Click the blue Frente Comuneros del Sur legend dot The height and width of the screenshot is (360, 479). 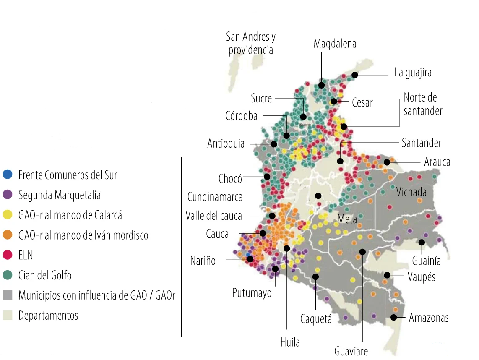[8, 174]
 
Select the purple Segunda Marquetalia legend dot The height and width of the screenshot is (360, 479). [8, 194]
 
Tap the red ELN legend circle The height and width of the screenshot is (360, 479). [8, 255]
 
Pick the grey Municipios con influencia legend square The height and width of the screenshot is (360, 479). [8, 295]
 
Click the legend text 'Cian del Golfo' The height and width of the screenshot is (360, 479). [45, 275]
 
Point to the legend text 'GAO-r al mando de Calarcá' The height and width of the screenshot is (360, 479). [70, 215]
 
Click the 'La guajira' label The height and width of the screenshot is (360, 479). [413, 73]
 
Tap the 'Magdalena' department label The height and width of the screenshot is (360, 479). [335, 44]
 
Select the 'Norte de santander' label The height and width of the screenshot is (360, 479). [423, 104]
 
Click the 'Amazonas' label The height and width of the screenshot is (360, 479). [429, 318]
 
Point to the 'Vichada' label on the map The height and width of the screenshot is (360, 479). [411, 192]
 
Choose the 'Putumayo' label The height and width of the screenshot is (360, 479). [252, 293]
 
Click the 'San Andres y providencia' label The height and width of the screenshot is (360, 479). [251, 43]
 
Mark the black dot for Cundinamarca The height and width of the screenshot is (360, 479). [318, 196]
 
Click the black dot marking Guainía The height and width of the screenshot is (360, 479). [421, 242]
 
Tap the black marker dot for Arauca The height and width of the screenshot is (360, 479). [387, 162]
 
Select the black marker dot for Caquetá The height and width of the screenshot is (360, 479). [315, 277]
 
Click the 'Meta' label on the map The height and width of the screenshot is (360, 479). [347, 219]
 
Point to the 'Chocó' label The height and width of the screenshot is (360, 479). [230, 179]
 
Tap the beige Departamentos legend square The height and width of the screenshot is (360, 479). [8, 315]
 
